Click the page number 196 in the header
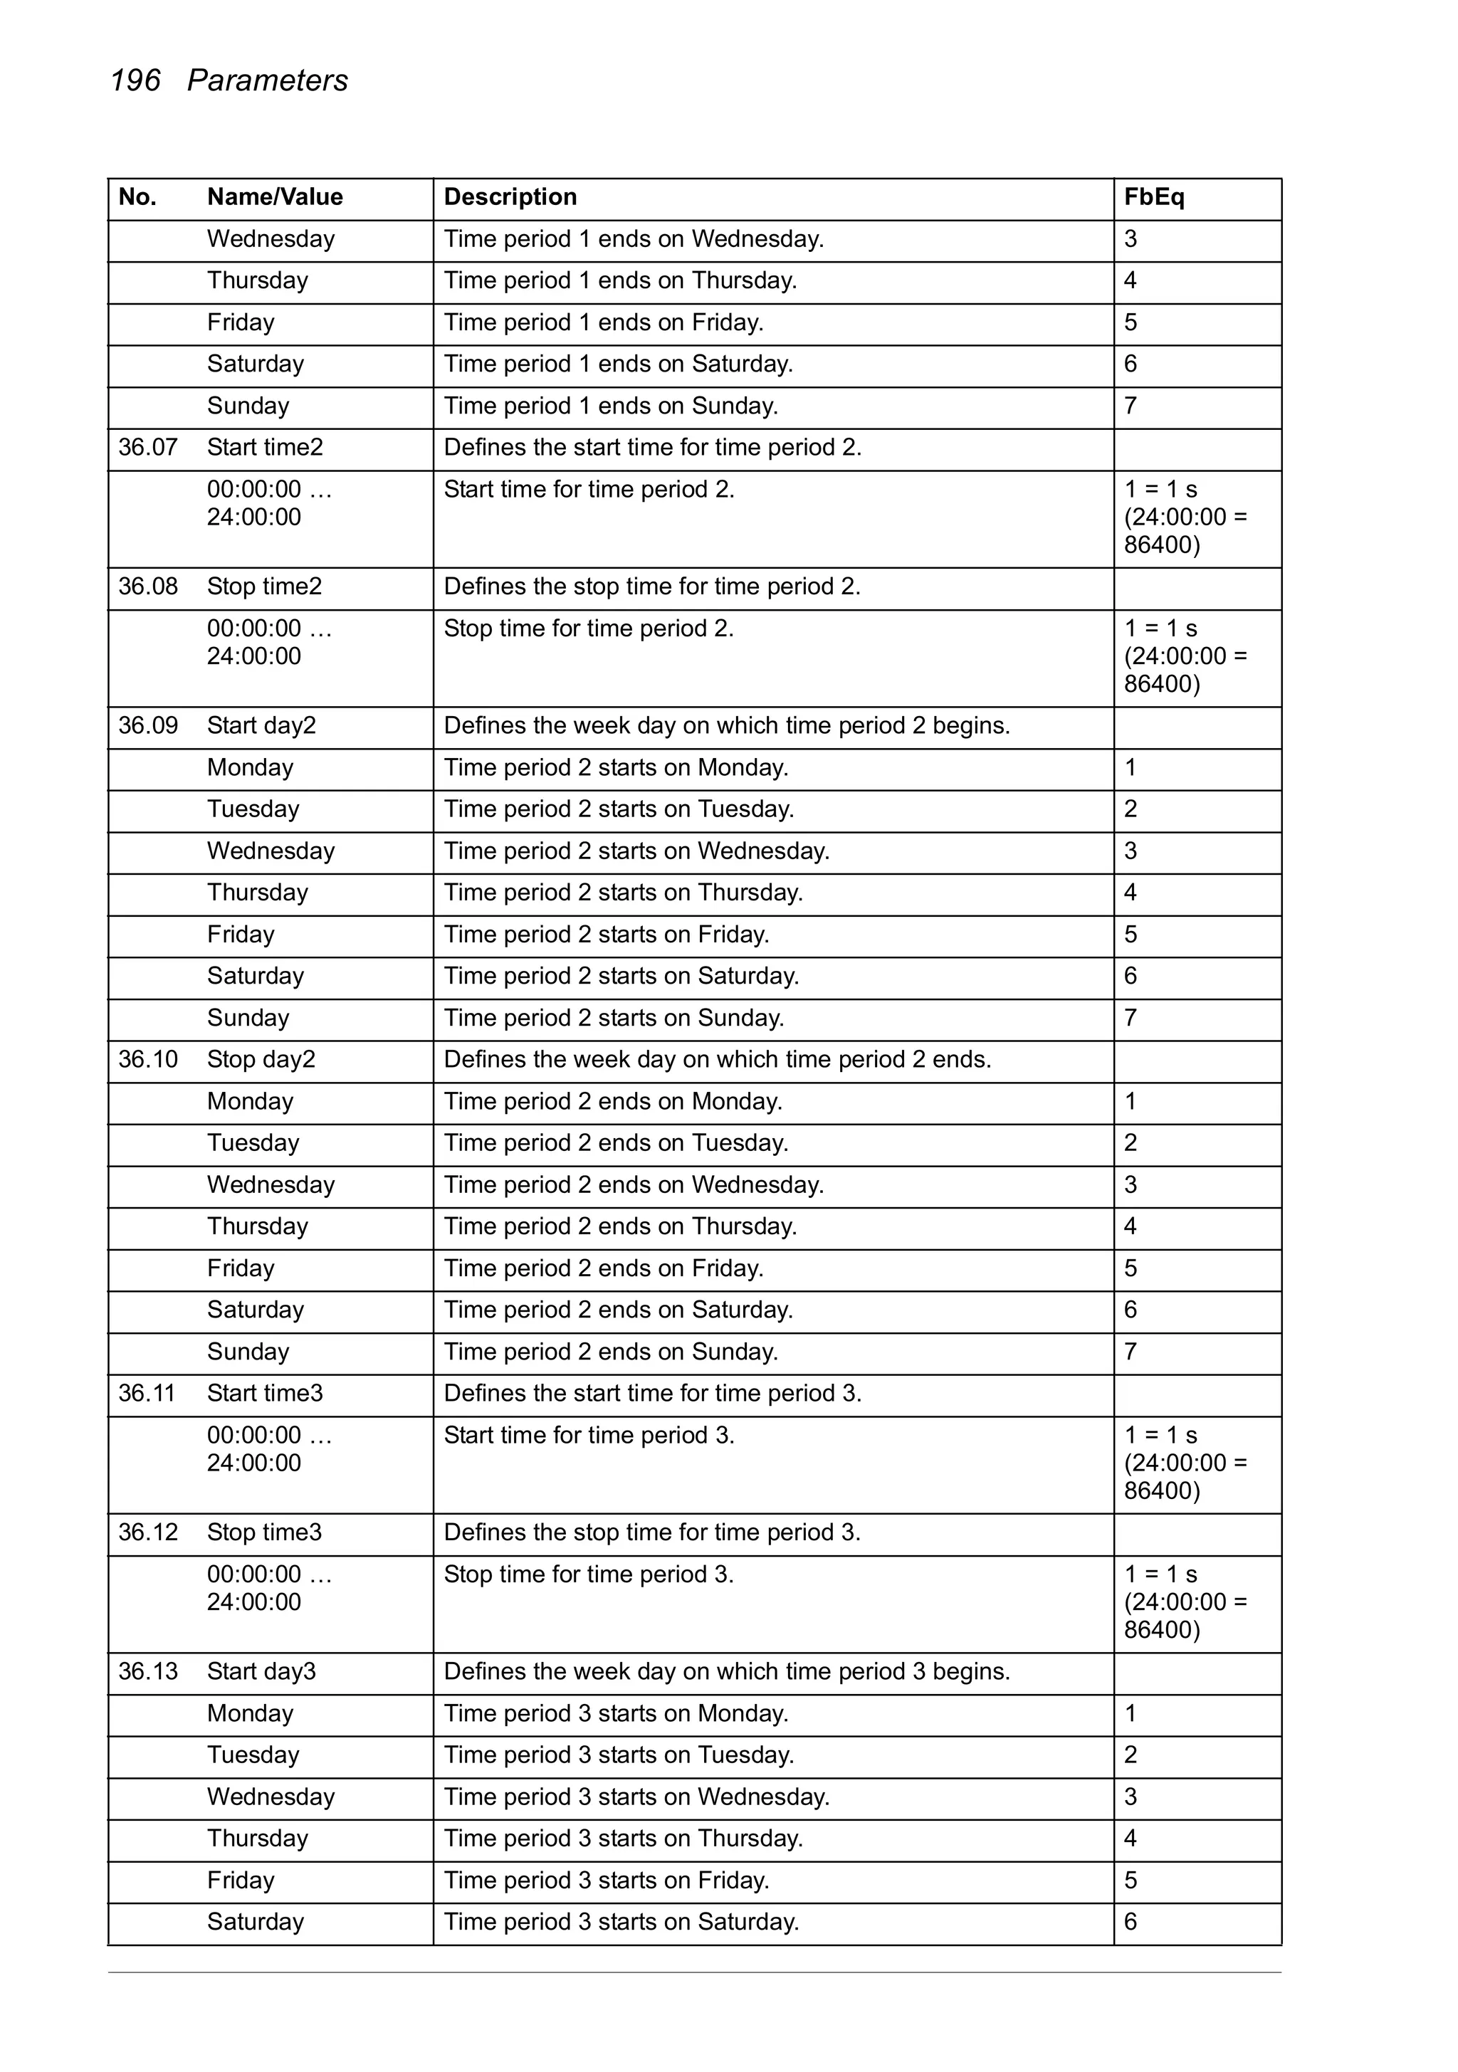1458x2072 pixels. tap(135, 81)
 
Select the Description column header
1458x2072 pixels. tap(510, 198)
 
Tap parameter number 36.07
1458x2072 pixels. tap(147, 448)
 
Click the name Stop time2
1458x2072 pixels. tap(263, 587)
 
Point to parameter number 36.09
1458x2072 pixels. tap(147, 725)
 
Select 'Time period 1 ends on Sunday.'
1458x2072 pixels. tap(610, 406)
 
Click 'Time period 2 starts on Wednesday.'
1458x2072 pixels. tap(636, 851)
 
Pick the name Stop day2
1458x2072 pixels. tap(261, 1059)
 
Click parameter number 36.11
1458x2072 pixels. tap(146, 1394)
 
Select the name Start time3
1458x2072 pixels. tap(265, 1394)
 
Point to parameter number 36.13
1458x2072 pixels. tap(147, 1671)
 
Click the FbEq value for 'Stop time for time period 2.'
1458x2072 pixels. tap(1185, 656)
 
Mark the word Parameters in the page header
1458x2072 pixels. tap(267, 81)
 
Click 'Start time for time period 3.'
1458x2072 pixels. tap(589, 1435)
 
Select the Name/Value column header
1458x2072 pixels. tap(275, 198)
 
